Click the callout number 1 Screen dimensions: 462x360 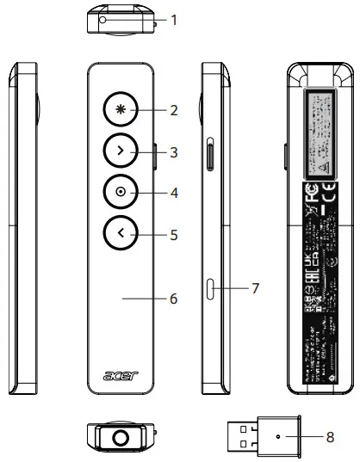[175, 18]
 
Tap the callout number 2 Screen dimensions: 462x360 [175, 110]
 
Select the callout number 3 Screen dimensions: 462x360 [175, 152]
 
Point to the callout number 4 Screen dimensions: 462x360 [175, 193]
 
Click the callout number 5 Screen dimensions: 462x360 [175, 233]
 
